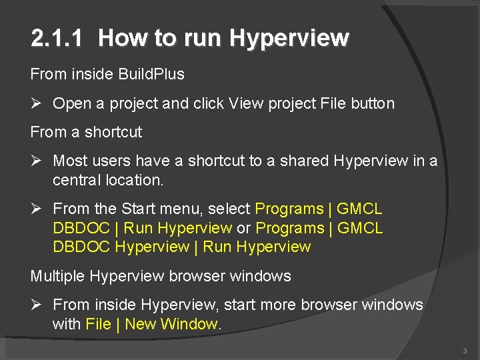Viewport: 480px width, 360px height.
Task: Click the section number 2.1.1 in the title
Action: tap(57, 39)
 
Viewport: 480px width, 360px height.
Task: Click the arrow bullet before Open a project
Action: tap(37, 103)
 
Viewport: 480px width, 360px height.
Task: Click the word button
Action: tap(372, 103)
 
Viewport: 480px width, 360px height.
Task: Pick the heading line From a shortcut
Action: tap(86, 132)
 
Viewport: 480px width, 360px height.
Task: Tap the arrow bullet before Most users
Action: tap(37, 161)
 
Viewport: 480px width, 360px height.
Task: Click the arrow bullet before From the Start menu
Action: tap(37, 209)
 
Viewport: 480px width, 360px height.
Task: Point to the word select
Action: tap(229, 209)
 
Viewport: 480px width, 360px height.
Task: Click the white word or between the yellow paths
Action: tap(243, 228)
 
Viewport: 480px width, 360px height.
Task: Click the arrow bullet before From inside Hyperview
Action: tap(37, 305)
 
